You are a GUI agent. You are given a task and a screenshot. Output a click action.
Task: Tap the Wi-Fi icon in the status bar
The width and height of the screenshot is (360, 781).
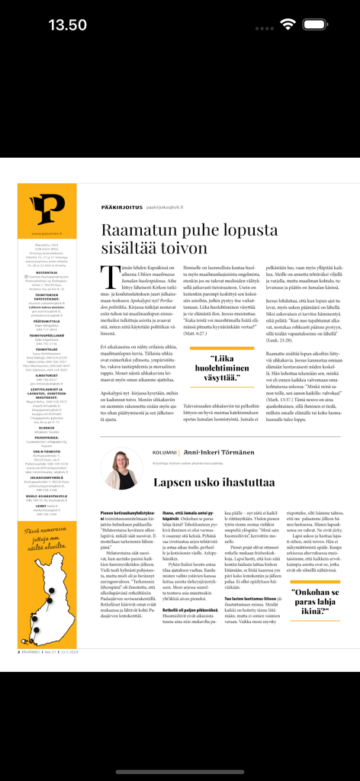pos(288,24)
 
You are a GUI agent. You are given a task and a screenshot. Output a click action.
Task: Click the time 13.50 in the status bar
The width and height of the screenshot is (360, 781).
pos(68,24)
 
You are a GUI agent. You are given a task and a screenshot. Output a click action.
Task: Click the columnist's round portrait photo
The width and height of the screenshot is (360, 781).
pos(121,470)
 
